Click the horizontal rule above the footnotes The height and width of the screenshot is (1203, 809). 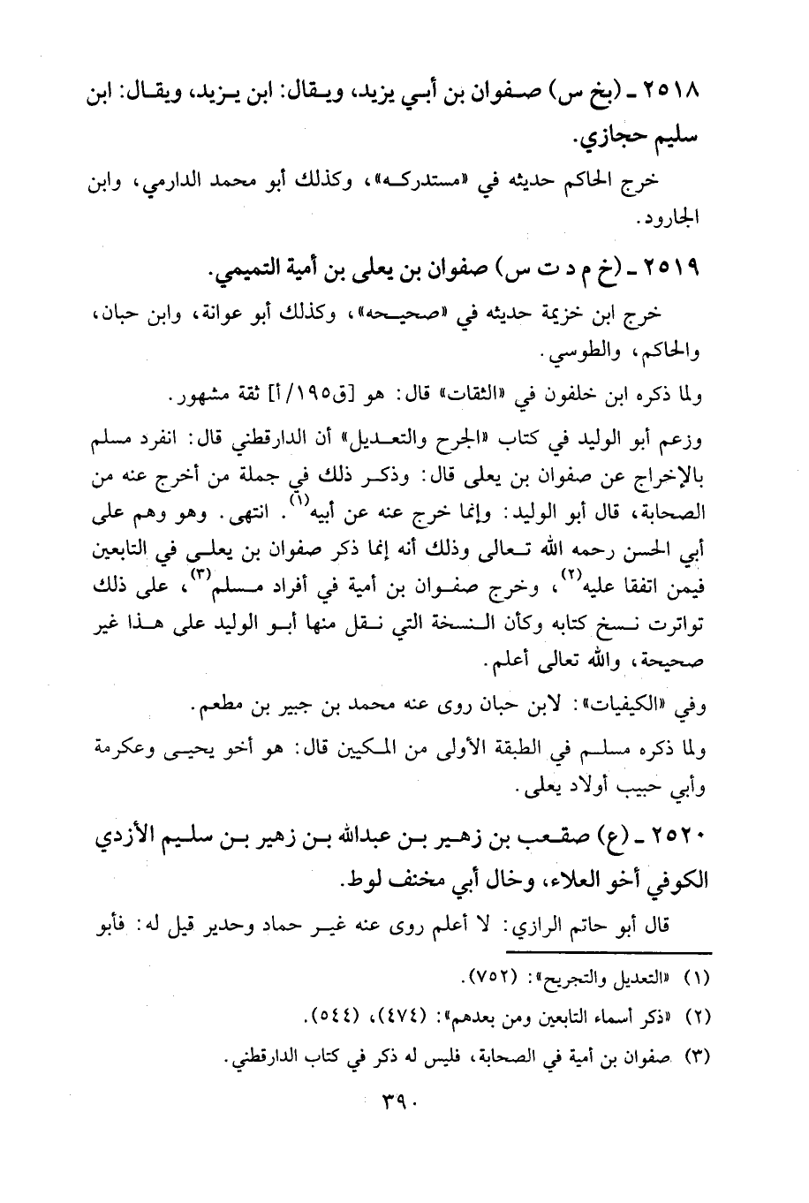click(609, 950)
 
